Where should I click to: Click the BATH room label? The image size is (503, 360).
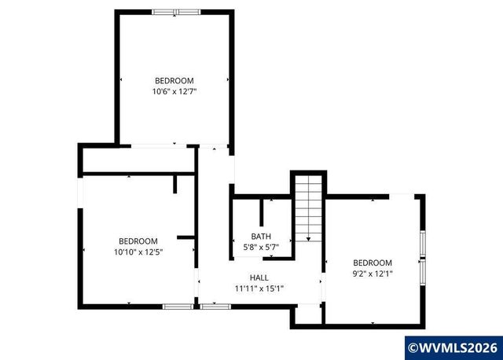coord(260,236)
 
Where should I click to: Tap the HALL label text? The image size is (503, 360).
coord(259,277)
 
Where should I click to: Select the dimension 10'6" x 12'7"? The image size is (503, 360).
coord(174,91)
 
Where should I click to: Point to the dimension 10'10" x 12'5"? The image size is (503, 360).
coord(138,252)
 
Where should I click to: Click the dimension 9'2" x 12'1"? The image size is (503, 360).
coord(372,274)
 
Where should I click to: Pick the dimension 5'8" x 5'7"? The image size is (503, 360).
coord(260,247)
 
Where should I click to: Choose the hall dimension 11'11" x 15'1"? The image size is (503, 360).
coord(259,288)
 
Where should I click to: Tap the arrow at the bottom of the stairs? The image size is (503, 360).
coord(309,237)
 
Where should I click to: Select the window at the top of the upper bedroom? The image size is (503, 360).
coord(176,12)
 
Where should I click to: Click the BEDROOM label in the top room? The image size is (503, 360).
coord(174,80)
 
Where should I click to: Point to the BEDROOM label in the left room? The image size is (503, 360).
coord(138,241)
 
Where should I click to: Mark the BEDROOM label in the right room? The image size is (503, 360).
coord(372,263)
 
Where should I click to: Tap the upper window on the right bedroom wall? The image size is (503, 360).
coord(422,244)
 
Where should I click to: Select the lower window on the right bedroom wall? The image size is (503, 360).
coord(422,281)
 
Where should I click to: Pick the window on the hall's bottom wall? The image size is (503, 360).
coord(211,306)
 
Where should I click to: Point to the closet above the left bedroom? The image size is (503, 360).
coord(138,160)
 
